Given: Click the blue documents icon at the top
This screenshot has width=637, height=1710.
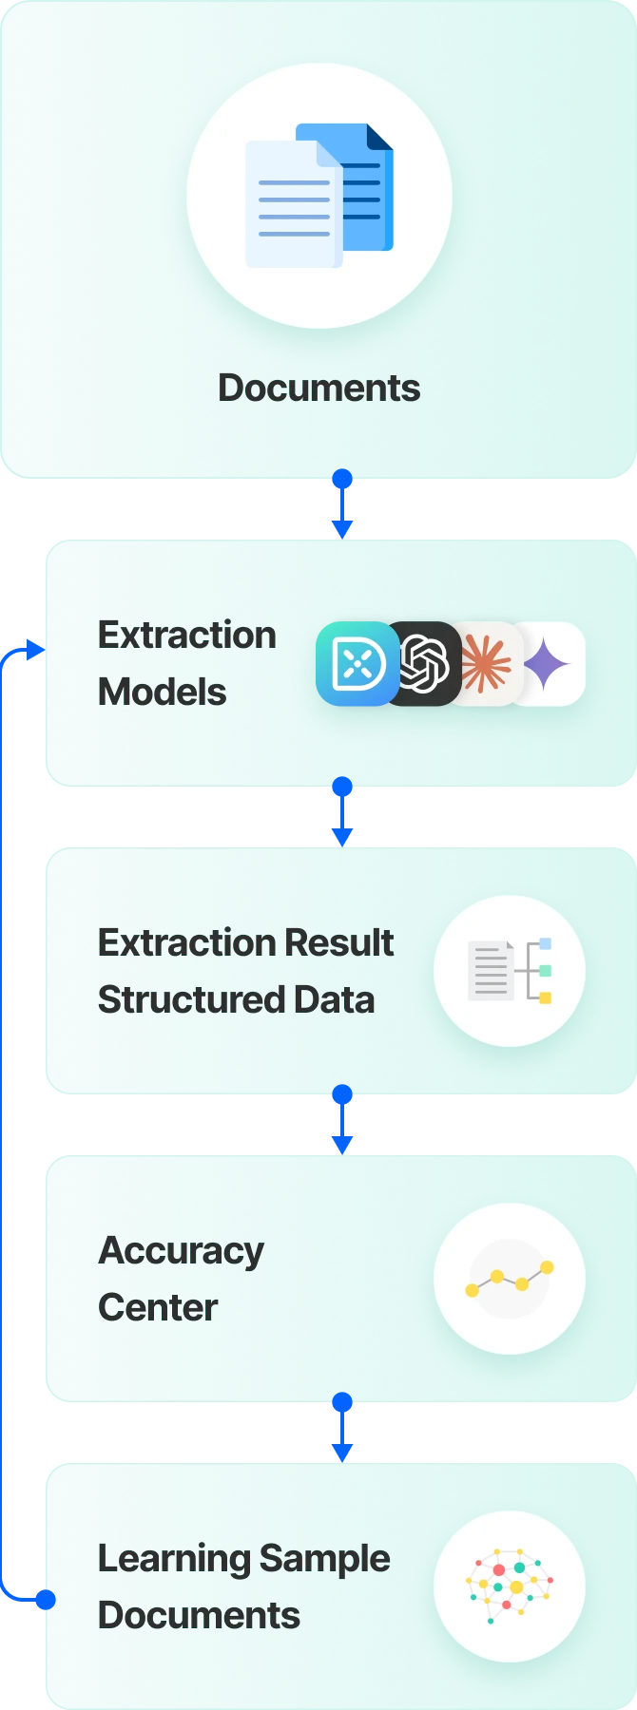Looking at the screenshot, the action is (319, 196).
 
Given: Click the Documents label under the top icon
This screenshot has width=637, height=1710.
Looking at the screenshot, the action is (319, 389).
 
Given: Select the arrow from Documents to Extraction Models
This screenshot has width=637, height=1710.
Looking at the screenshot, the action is (342, 503).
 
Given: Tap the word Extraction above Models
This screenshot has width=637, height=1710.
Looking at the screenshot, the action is (187, 635).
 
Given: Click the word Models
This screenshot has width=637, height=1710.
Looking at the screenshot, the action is (163, 692).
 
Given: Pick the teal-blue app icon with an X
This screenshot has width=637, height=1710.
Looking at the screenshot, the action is (357, 663).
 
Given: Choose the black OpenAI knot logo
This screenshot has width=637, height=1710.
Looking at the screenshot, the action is (423, 663).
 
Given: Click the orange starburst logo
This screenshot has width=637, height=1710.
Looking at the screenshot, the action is (486, 663).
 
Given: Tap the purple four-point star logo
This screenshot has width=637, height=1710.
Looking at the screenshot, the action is (548, 663).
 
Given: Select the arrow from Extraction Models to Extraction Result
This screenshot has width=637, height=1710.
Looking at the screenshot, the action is (342, 811).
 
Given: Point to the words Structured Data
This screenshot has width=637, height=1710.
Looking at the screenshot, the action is (237, 999).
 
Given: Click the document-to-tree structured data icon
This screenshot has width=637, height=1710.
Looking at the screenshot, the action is (510, 971).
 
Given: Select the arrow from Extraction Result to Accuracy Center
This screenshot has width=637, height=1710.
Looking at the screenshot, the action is (342, 1119).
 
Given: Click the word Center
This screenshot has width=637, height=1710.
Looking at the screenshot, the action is (159, 1307).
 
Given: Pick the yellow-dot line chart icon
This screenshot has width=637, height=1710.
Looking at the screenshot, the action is (510, 1279).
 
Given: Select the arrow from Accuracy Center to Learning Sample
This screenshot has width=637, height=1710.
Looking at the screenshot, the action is (342, 1427).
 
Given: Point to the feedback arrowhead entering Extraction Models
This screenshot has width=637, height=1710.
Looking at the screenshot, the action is (36, 650).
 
